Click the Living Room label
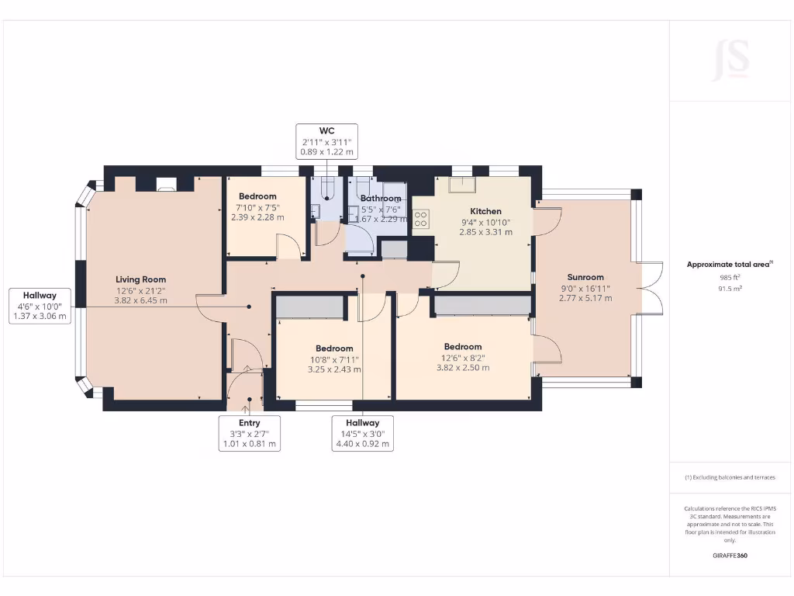point(141,279)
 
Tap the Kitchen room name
point(485,211)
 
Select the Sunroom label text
point(585,277)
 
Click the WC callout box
point(326,141)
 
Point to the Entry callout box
point(249,433)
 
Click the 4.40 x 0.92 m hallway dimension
point(363,444)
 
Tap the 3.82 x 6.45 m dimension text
point(141,300)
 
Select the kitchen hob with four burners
point(421,219)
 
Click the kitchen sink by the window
point(462,185)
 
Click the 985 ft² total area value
point(730,277)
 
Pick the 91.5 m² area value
point(730,289)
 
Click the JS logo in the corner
point(730,61)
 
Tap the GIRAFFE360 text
point(730,556)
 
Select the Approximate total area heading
point(730,264)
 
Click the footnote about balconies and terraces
point(730,477)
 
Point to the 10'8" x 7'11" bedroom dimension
point(334,360)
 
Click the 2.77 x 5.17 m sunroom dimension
point(585,298)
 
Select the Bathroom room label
point(381,198)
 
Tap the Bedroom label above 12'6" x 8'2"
point(463,347)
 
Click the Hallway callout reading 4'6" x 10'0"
point(40,306)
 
